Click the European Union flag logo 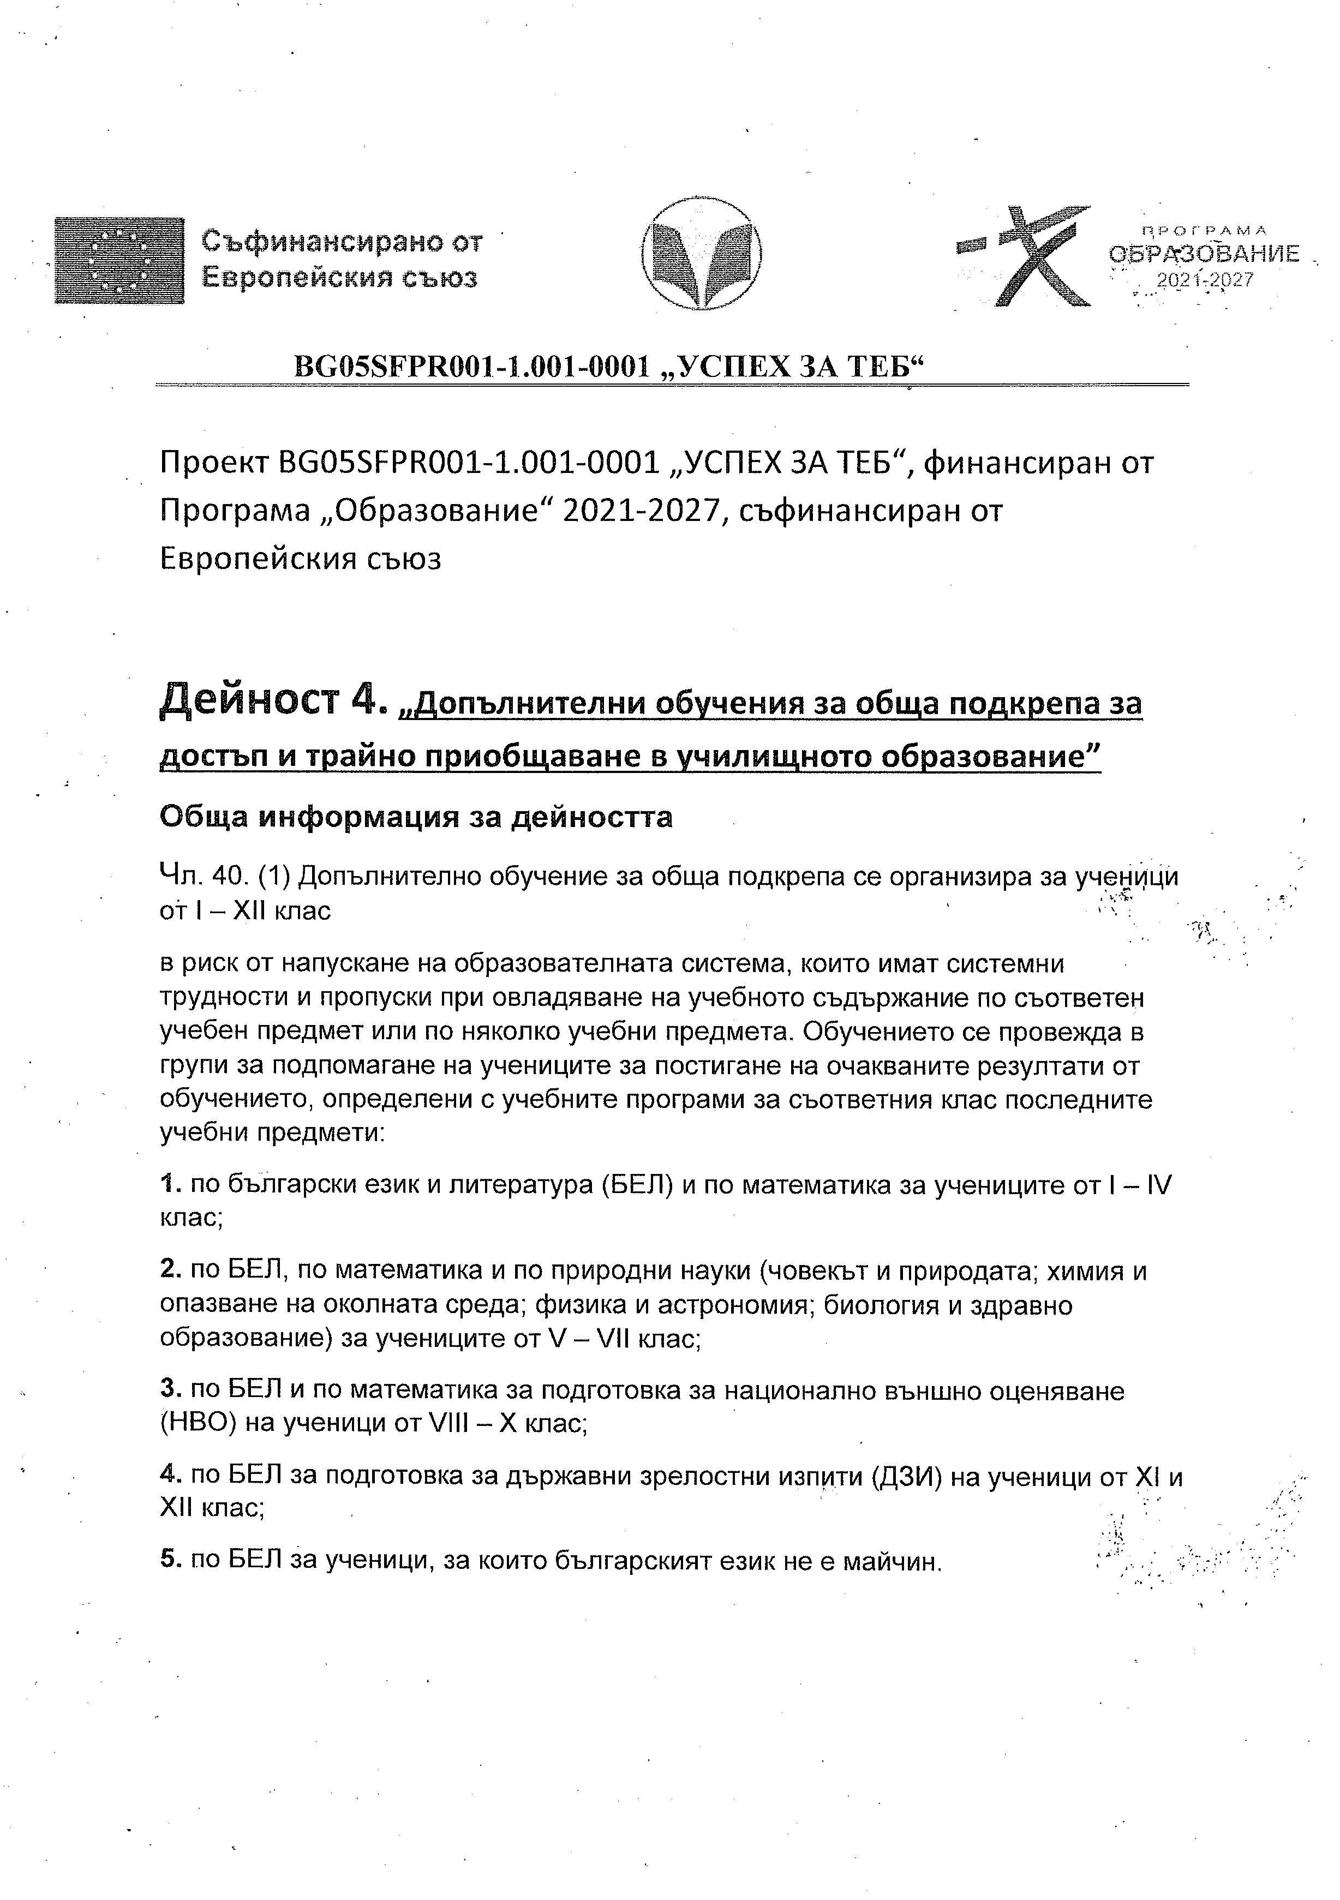(119, 261)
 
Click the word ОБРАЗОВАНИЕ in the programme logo (1204, 255)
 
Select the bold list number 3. (169, 1390)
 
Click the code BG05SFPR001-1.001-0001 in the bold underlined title (472, 367)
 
